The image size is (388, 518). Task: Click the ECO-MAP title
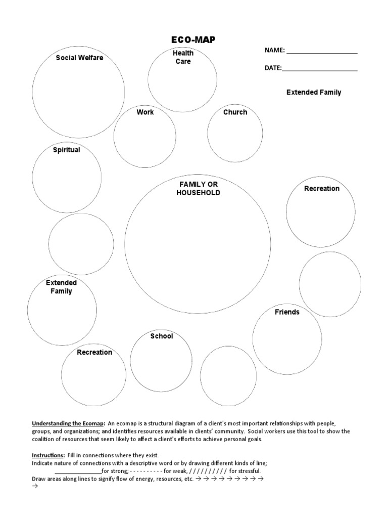(194, 40)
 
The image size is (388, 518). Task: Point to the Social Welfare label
(79, 58)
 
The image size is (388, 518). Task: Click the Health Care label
(183, 57)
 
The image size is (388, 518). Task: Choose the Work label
(145, 112)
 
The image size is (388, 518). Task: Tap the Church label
(235, 112)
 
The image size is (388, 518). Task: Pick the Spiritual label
(67, 150)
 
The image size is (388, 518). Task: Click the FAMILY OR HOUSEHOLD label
(198, 189)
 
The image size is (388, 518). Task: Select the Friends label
(287, 312)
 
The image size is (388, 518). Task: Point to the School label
(162, 336)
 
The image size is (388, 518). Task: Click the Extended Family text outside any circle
(314, 93)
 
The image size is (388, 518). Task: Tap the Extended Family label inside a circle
(61, 287)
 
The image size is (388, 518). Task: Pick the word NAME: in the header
(275, 51)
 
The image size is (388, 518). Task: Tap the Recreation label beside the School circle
(94, 352)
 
